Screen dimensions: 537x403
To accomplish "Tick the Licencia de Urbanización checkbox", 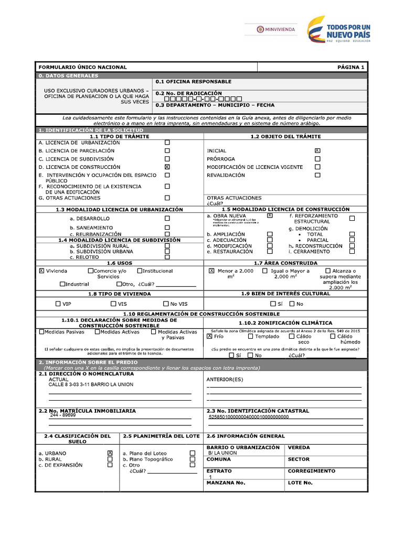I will click(x=167, y=143).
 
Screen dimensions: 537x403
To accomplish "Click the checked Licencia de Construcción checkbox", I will click(x=167, y=167).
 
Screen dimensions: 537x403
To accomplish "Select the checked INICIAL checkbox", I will click(x=317, y=151).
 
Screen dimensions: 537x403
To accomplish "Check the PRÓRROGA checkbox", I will click(x=317, y=159).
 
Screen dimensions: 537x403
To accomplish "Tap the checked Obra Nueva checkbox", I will click(x=270, y=216).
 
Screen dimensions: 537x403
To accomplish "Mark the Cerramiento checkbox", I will click(x=352, y=251).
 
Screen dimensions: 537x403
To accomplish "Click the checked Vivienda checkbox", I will click(x=41, y=271).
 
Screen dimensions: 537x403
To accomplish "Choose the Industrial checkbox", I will click(x=62, y=284).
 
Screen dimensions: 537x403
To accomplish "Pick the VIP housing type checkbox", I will click(x=58, y=304).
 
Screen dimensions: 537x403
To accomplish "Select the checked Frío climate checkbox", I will click(x=209, y=337).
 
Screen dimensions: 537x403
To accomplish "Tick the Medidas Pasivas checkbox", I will click(x=42, y=331).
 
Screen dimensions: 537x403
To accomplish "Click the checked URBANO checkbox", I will click(x=110, y=453).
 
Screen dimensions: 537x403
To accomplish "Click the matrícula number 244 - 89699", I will click(x=63, y=415).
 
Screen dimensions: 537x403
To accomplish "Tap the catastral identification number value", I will click(x=249, y=417).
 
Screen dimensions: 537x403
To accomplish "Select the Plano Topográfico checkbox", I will click(x=193, y=459).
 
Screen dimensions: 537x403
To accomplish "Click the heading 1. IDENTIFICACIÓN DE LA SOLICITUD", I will click(x=91, y=130).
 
